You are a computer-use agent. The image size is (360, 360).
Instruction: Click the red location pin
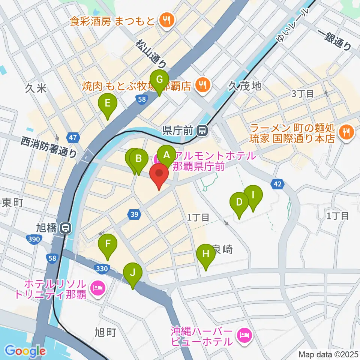tap(159, 176)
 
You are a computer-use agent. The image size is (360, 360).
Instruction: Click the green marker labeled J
tap(133, 273)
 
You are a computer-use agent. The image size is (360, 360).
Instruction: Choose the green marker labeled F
tap(108, 244)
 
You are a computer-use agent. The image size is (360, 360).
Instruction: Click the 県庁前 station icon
tap(202, 130)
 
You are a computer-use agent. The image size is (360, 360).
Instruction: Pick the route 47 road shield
tap(73, 137)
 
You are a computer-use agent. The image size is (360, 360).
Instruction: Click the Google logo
tap(25, 351)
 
